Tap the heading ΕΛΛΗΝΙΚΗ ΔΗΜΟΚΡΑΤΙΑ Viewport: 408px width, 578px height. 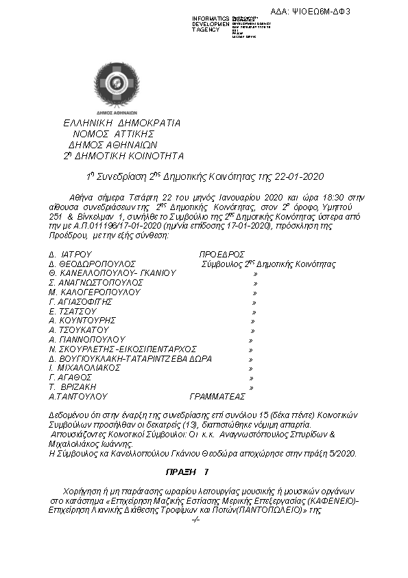coord(121,123)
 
